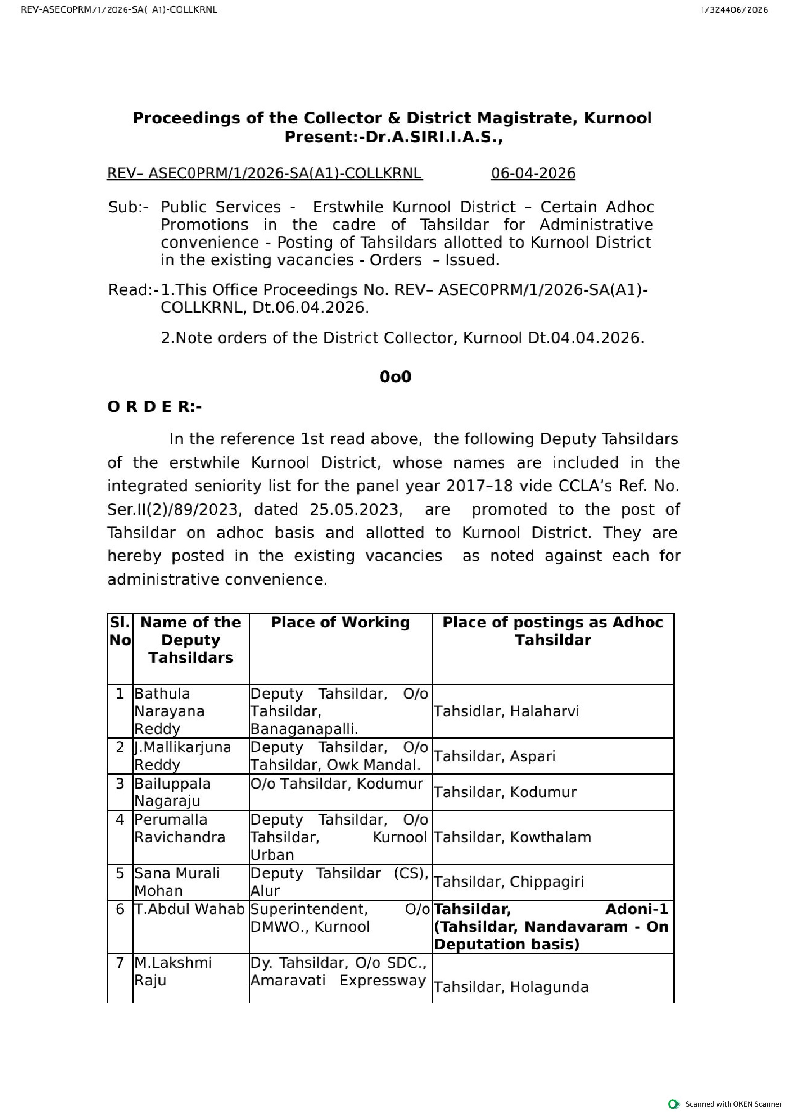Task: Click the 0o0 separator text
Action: click(x=395, y=377)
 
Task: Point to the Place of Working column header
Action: click(x=340, y=622)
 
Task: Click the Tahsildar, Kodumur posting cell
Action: click(x=505, y=792)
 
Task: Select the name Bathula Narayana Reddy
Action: click(x=169, y=711)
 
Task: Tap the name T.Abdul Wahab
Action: click(x=190, y=909)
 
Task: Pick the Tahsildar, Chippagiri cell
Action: click(x=508, y=882)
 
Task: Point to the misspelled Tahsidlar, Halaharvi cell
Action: click(x=506, y=711)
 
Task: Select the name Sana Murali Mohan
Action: click(x=177, y=882)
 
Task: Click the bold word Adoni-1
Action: click(x=636, y=909)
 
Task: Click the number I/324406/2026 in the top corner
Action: click(x=735, y=10)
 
